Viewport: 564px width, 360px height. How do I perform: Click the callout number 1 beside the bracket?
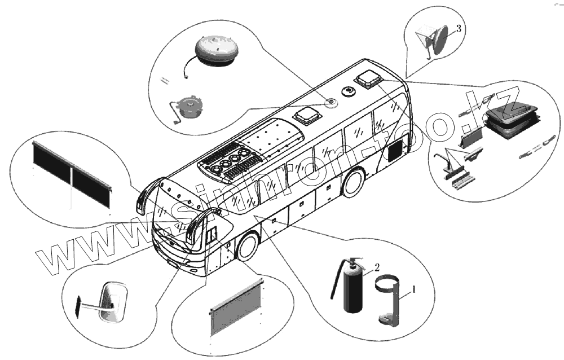click(415, 289)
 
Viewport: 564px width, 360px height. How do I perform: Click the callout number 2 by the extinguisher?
click(377, 266)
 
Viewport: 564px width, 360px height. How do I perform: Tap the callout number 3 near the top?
click(459, 29)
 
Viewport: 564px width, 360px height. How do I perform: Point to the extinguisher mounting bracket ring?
click(389, 282)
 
